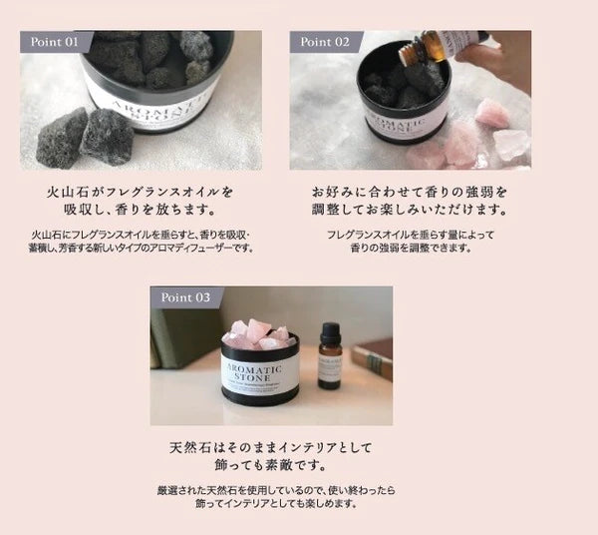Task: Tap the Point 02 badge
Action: point(326,42)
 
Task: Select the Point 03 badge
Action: point(186,297)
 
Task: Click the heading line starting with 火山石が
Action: point(142,190)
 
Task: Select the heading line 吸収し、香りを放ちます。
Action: point(142,212)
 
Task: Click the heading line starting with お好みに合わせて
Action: point(411,190)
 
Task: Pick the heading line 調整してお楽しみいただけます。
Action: point(411,212)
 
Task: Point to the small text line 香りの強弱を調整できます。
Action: point(411,248)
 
